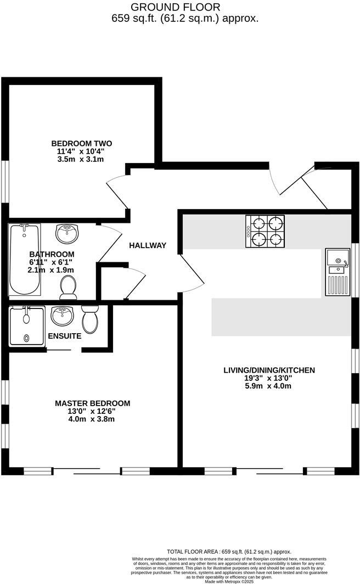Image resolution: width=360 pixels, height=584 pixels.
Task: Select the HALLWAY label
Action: (x=148, y=245)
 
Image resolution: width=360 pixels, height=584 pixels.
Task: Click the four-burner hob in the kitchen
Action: (x=265, y=231)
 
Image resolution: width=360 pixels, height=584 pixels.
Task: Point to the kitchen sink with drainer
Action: (x=337, y=271)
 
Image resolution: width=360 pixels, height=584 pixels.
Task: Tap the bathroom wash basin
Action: (x=67, y=233)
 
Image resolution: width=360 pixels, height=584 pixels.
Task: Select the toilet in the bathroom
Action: (x=68, y=286)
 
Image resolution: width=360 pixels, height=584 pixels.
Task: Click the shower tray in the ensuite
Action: (x=26, y=325)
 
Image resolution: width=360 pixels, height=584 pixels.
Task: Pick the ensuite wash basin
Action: (x=62, y=316)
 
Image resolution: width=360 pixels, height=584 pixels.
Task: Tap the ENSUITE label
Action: (x=65, y=336)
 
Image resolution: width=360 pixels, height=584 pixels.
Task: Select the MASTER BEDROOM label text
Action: (x=93, y=403)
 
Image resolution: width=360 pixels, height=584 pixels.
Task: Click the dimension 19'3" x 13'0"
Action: (x=269, y=378)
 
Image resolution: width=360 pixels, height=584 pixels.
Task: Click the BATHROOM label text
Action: (x=52, y=254)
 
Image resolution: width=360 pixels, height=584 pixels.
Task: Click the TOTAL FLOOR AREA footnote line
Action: (x=229, y=552)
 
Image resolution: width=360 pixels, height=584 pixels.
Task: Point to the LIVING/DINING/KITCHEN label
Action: (x=269, y=370)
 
